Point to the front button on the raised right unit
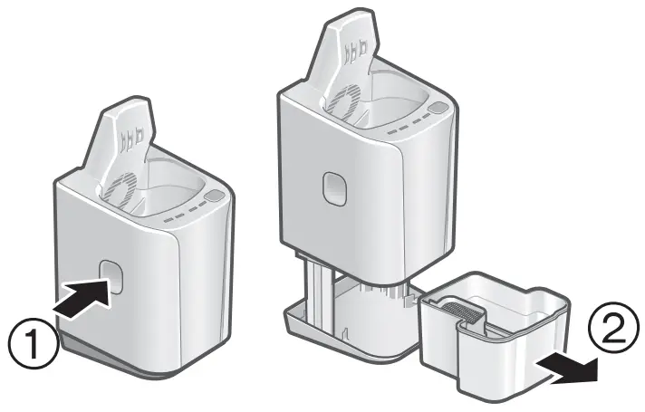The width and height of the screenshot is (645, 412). point(334,187)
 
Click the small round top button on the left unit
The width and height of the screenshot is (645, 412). point(214,196)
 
